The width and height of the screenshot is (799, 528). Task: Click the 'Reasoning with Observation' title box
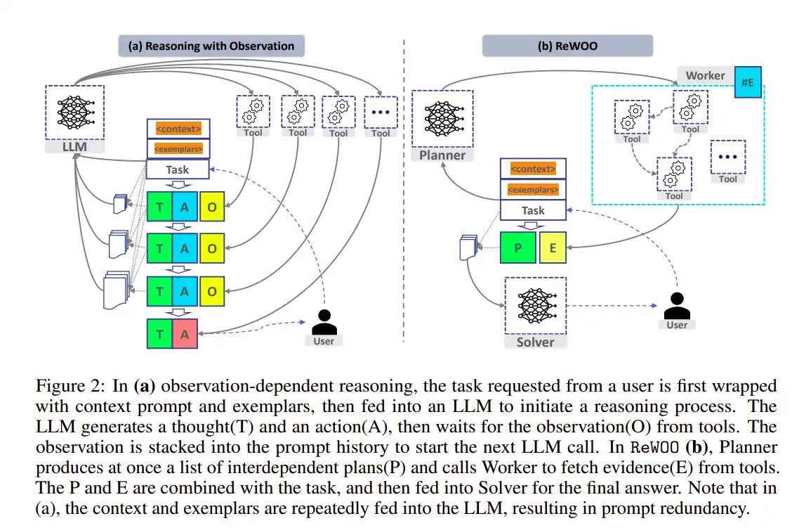click(211, 46)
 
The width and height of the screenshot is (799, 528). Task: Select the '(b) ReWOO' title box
click(567, 46)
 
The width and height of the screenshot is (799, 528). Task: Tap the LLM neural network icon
click(74, 111)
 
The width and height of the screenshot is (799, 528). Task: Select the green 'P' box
click(518, 248)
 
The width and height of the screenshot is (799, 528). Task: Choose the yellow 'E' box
click(553, 248)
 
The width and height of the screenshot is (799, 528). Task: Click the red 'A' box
click(185, 334)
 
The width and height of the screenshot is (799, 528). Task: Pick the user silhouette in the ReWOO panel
click(677, 307)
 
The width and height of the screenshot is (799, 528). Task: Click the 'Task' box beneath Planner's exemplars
click(533, 210)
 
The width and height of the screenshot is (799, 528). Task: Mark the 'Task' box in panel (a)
click(178, 169)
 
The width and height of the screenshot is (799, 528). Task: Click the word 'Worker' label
click(705, 75)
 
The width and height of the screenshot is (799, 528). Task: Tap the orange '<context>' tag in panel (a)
click(178, 129)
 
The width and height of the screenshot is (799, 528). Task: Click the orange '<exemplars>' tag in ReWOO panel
click(533, 190)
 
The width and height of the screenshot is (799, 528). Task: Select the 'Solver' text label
click(535, 342)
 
